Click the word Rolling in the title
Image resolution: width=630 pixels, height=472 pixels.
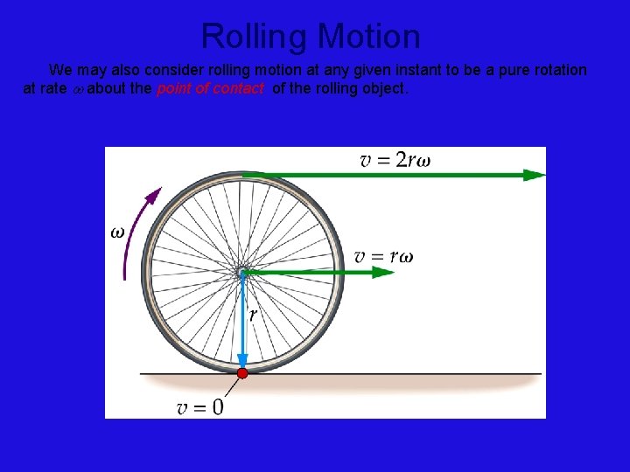coord(255,37)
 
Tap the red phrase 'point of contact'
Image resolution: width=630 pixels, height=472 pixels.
coord(210,88)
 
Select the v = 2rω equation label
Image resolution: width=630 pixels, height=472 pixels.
coord(395,159)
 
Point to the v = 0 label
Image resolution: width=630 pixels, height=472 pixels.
coord(199,407)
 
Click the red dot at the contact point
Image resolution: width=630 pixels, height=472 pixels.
coord(242,373)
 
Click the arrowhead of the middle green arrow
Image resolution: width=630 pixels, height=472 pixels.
coord(384,273)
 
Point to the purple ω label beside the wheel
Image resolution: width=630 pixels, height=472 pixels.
coord(116,233)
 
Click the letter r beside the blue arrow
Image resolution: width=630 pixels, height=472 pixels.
coord(253,315)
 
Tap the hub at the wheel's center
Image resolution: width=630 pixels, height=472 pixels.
coord(242,273)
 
